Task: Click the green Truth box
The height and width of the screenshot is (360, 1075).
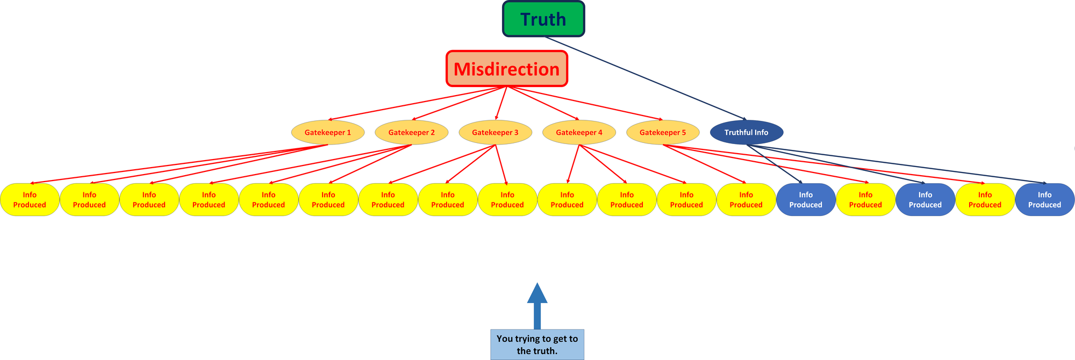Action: (x=543, y=19)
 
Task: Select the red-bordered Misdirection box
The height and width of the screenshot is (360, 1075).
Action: (x=507, y=69)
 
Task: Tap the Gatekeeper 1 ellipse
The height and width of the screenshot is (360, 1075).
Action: (x=328, y=132)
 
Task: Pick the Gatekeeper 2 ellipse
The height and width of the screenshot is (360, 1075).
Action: (x=412, y=132)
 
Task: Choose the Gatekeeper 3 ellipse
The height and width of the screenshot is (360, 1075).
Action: (x=496, y=132)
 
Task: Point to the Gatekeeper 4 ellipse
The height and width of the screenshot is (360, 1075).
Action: (x=579, y=132)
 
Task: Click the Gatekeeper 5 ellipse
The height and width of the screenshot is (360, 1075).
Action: (x=663, y=132)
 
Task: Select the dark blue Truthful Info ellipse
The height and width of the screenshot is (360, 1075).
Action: (x=747, y=132)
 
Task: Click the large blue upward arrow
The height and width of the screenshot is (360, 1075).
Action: (x=537, y=306)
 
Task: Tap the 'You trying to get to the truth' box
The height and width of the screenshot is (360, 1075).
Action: (x=537, y=344)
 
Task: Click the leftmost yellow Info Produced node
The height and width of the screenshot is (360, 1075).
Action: (x=30, y=200)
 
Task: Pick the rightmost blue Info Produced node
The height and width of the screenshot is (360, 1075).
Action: (x=1045, y=200)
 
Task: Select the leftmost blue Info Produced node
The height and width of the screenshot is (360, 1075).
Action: (x=806, y=200)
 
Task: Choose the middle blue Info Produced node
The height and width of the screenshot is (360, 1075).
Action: (x=925, y=200)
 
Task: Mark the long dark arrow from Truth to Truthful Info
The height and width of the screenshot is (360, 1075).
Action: (x=646, y=78)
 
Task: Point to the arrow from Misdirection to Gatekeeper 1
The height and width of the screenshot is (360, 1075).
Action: (x=417, y=103)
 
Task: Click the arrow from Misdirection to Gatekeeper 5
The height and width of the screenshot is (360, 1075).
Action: (x=585, y=103)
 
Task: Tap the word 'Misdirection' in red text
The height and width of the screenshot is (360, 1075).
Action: (x=507, y=69)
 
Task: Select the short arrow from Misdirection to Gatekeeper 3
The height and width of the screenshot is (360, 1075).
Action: (x=501, y=103)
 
